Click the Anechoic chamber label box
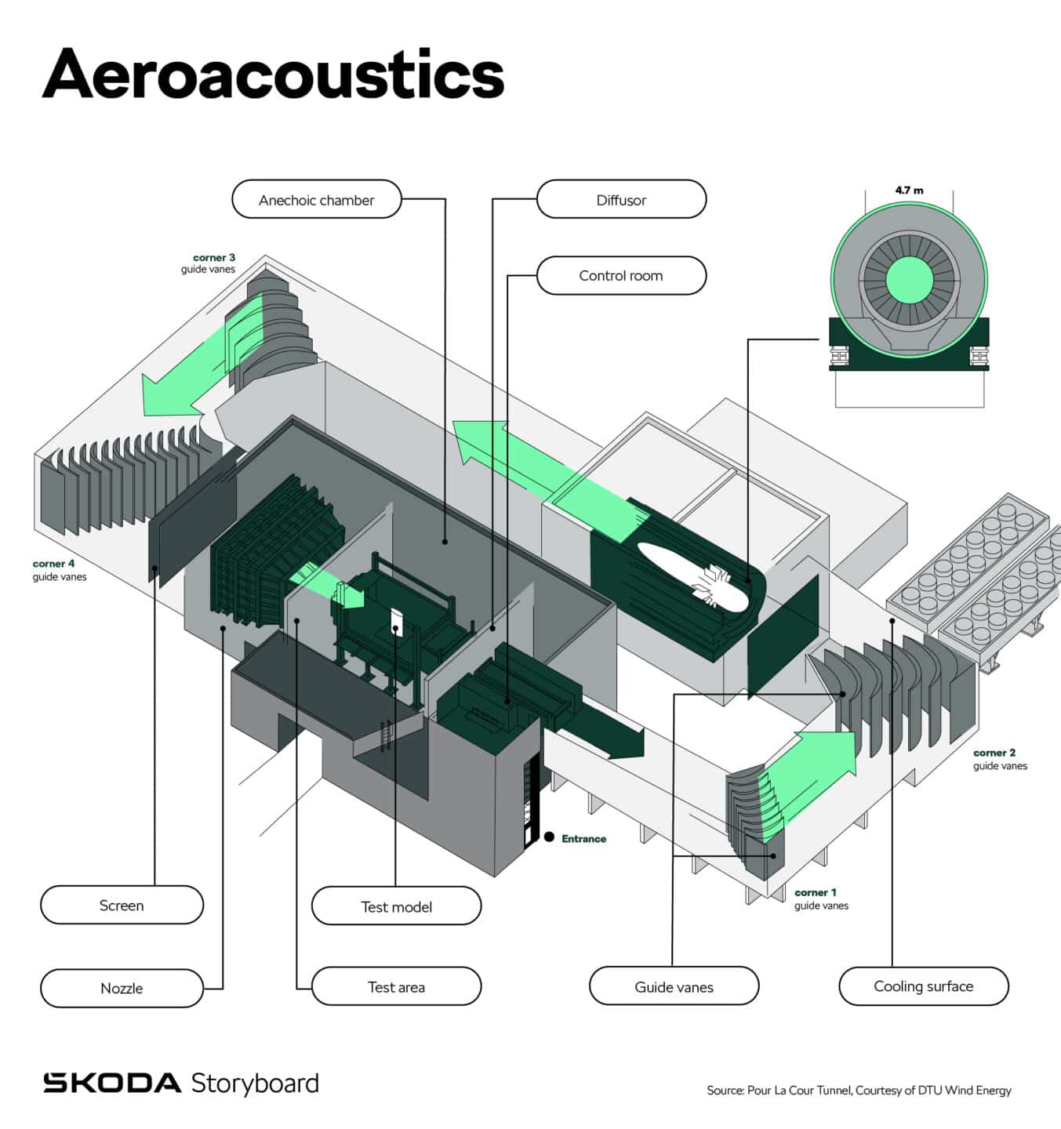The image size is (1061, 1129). (x=317, y=199)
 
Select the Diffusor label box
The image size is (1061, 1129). (x=622, y=199)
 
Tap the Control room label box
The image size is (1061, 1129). (x=622, y=276)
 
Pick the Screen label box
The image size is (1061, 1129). (x=122, y=905)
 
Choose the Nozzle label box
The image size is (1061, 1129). (x=122, y=988)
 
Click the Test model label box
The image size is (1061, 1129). (x=396, y=906)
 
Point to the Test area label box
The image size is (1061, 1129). (x=396, y=987)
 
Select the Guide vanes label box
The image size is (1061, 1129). (x=674, y=987)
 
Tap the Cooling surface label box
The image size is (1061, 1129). (x=924, y=986)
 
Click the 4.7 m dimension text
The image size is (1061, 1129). (x=909, y=191)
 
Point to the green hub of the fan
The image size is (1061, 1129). (x=910, y=280)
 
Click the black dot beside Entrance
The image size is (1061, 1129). (x=549, y=837)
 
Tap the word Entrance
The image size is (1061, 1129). (x=584, y=838)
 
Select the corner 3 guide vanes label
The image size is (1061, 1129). (x=208, y=263)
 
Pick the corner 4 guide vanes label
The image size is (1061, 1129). (x=60, y=570)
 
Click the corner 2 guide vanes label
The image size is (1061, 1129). (x=1000, y=759)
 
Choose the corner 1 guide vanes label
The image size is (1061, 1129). (x=821, y=898)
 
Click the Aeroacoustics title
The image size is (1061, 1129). (x=274, y=74)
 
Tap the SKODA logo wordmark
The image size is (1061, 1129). (x=112, y=1083)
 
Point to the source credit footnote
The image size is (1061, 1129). (x=859, y=1090)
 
